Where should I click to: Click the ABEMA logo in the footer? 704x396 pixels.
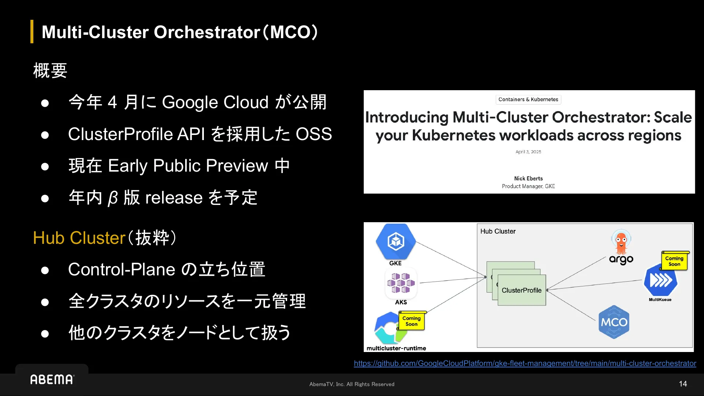[x=52, y=379]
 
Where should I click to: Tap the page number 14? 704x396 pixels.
[x=683, y=384]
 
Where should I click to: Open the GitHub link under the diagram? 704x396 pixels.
[x=525, y=363]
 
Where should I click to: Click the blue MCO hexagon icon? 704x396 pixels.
[x=614, y=322]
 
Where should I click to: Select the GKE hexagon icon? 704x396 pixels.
[x=396, y=242]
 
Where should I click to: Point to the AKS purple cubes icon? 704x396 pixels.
[x=401, y=283]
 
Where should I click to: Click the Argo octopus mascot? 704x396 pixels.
[x=621, y=242]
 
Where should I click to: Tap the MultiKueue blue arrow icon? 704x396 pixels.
[x=661, y=280]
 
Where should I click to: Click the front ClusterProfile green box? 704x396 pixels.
[x=521, y=290]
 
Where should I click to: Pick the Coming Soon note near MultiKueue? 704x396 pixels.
[x=674, y=261]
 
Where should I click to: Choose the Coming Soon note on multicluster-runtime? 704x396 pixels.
[x=411, y=321]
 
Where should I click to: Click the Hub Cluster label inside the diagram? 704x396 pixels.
[x=498, y=231]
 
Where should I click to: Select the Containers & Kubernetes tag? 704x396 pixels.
[x=528, y=99]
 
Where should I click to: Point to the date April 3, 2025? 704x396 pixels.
[x=528, y=152]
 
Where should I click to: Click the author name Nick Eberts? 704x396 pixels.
[x=528, y=179]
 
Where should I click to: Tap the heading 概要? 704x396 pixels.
[x=50, y=70]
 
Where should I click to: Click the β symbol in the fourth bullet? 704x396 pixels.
[x=113, y=198]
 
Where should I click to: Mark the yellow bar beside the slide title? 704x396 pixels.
[x=32, y=32]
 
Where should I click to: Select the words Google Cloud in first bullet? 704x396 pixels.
[x=215, y=102]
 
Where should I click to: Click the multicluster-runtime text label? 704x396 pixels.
[x=396, y=348]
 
